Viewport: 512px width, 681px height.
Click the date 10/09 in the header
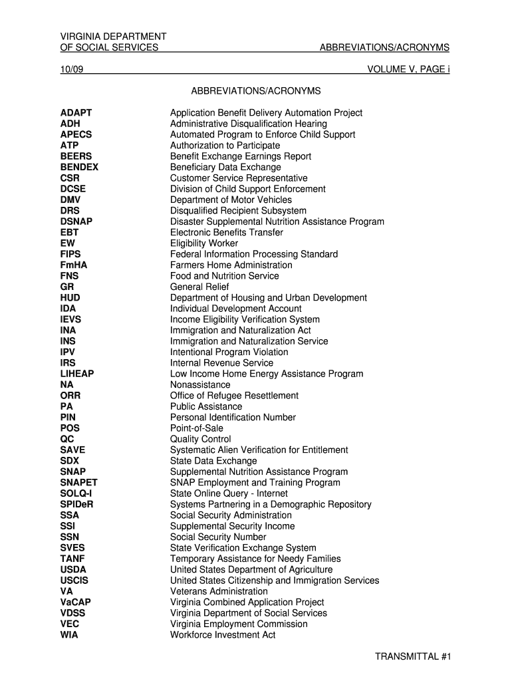[x=72, y=68]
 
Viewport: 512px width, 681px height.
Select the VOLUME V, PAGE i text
[x=408, y=68]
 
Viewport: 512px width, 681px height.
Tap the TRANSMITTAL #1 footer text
[x=413, y=656]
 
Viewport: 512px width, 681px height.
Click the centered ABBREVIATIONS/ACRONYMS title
[x=256, y=90]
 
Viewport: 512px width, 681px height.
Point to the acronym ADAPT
[x=76, y=113]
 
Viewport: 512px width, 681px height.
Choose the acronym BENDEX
[x=79, y=168]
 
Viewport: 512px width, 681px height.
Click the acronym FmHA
[x=74, y=265]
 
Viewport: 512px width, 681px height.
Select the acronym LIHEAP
[x=77, y=374]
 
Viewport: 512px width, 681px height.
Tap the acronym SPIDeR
[x=77, y=505]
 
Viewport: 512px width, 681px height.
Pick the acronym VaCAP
[x=76, y=603]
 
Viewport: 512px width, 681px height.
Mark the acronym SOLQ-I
[x=76, y=493]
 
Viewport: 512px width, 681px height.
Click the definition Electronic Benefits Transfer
[x=227, y=233]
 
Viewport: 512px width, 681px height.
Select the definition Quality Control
[x=201, y=440]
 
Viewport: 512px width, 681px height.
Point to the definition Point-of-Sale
[x=197, y=428]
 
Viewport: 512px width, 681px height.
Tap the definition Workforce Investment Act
[x=223, y=635]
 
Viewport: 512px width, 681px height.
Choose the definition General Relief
[x=199, y=287]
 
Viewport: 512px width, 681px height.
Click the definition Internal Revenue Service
[x=221, y=363]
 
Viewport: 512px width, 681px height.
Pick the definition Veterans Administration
[x=219, y=592]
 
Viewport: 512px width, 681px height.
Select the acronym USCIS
[x=74, y=581]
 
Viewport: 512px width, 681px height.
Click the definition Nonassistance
[x=200, y=385]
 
